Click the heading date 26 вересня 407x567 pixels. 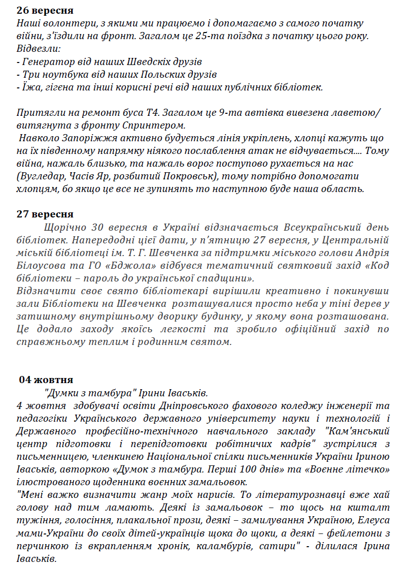pos(45,10)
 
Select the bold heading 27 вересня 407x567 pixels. pos(45,214)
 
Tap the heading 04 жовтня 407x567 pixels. pos(46,380)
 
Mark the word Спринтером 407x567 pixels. pos(158,125)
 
